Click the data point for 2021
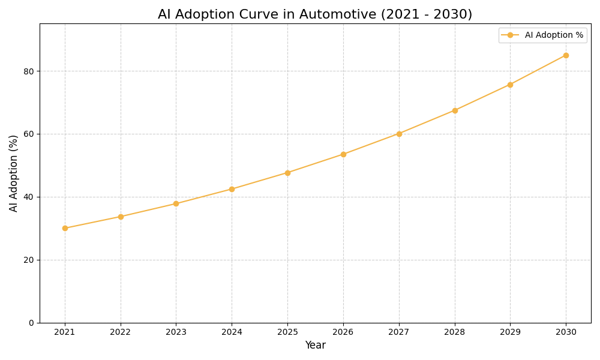[x=65, y=228]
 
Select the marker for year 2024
[x=232, y=189]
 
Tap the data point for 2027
[x=399, y=134]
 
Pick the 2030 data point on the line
[x=566, y=55]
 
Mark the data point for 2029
[x=510, y=85]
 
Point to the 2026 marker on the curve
[x=343, y=154]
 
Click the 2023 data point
[x=176, y=203]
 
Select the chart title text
[x=315, y=14]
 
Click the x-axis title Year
[x=315, y=346]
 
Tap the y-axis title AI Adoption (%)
[x=14, y=173]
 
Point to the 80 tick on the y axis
[x=28, y=71]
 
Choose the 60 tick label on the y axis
[x=28, y=134]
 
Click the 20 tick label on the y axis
[x=28, y=260]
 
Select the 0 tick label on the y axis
[x=31, y=323]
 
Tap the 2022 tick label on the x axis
[x=121, y=332]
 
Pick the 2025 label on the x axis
[x=287, y=332]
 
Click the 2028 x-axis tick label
[x=455, y=332]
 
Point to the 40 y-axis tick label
[x=28, y=197]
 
